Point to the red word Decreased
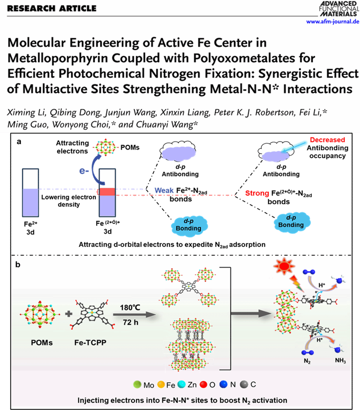pyautogui.click(x=328, y=140)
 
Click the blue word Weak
pyautogui.click(x=164, y=190)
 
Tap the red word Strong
pyautogui.click(x=257, y=194)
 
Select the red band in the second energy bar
pyautogui.click(x=107, y=192)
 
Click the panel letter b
pyautogui.click(x=18, y=265)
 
